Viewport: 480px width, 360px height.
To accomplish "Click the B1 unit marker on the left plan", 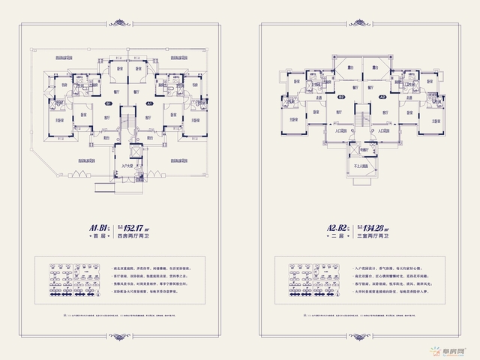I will [x=109, y=103].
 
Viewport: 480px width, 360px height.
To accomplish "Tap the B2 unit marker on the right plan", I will [x=340, y=97].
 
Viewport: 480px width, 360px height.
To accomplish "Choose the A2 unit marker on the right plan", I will [x=381, y=97].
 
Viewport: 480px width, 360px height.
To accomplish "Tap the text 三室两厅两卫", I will [x=371, y=238].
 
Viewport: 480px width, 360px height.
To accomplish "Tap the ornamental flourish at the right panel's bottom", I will [x=360, y=337].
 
